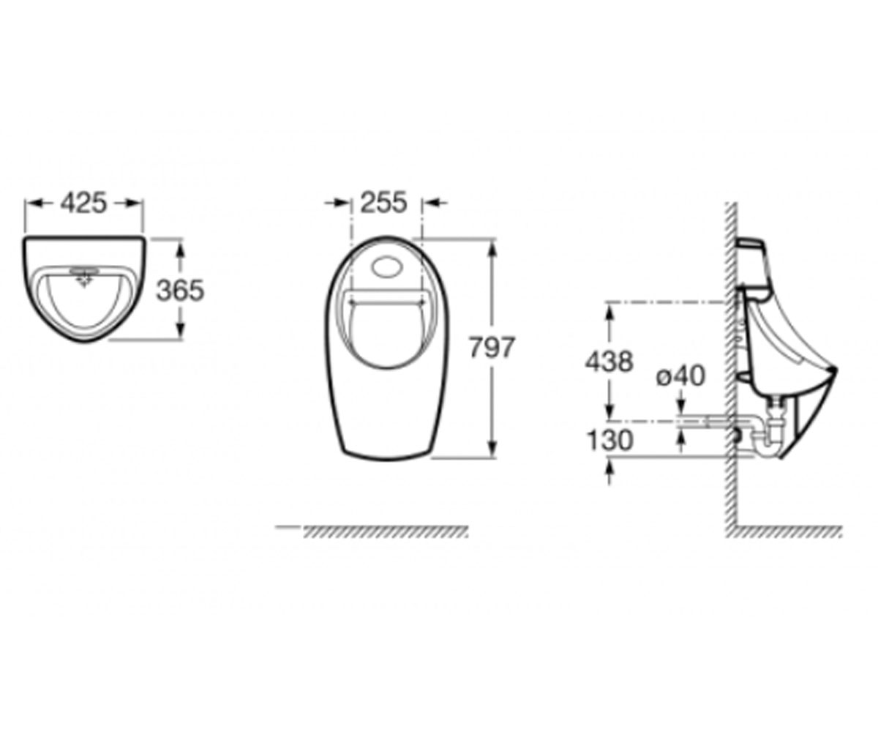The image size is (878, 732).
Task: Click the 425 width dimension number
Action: pos(83,203)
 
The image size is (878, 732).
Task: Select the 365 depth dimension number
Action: pos(181,291)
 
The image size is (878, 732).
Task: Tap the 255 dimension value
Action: pos(384,202)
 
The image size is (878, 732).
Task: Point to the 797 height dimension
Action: pos(492,347)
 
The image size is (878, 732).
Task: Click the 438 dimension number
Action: pos(609,362)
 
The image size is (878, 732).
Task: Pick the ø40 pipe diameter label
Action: pos(680,376)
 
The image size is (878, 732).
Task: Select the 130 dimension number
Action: pos(609,441)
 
